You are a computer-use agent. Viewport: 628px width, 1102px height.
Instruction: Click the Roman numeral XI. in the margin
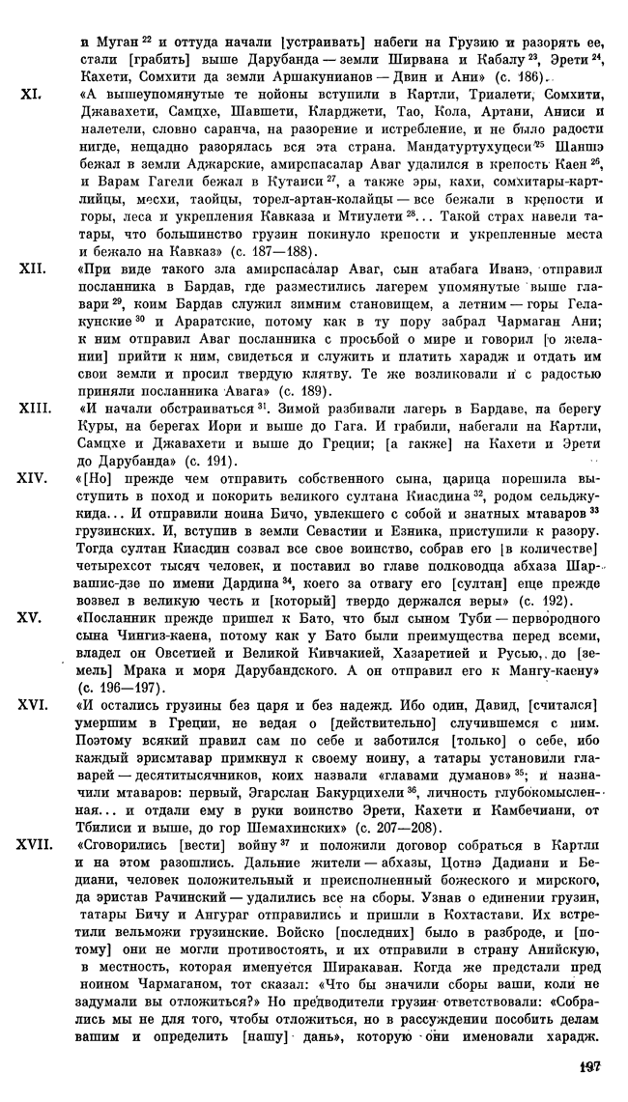click(28, 96)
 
